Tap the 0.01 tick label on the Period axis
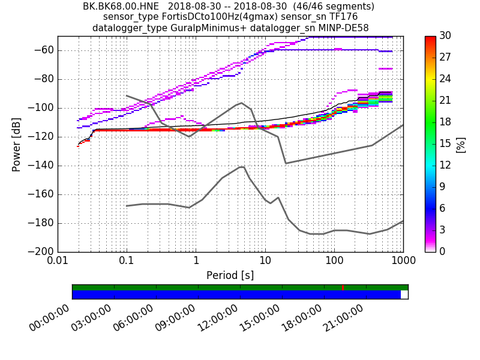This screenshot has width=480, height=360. click(58, 262)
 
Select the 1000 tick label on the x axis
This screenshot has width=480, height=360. click(403, 262)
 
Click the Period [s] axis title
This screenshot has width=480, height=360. click(230, 275)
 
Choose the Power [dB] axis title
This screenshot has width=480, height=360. click(17, 144)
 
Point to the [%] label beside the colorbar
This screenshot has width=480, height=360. click(461, 144)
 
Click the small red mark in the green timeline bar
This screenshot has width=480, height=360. click(343, 287)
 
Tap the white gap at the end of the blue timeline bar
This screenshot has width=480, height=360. click(404, 295)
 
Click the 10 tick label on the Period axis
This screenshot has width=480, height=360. click(265, 262)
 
